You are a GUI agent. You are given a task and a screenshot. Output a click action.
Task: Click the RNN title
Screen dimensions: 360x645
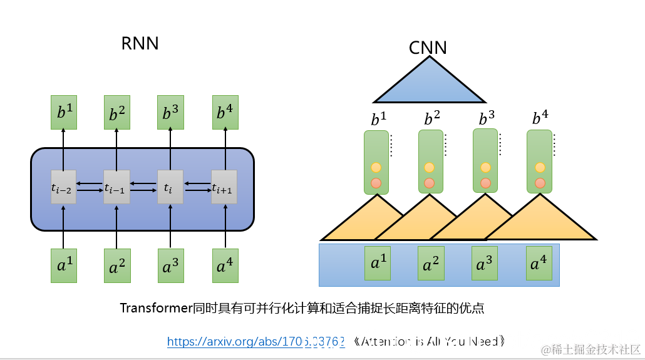[x=140, y=44]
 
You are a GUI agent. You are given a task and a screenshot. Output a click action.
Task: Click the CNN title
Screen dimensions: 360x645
[x=428, y=48]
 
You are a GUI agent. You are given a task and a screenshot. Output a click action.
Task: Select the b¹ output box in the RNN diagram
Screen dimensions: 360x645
[x=63, y=112]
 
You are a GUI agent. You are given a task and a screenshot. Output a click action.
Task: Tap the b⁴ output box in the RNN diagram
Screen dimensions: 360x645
[x=225, y=112]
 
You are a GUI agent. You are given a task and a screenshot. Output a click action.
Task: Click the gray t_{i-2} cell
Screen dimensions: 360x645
[x=63, y=187]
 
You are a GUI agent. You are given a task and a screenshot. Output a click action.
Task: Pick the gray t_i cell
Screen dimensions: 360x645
[x=170, y=187]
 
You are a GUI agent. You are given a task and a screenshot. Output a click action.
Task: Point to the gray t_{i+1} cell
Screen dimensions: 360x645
[x=223, y=187]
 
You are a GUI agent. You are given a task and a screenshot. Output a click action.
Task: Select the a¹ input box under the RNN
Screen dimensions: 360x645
[x=63, y=265]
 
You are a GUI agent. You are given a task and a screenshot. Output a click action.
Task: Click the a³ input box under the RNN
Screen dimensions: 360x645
[x=170, y=265]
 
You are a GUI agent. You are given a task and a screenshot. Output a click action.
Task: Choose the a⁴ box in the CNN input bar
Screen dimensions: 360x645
[x=539, y=264]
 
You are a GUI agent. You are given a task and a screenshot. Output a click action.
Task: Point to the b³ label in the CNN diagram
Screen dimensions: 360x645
[x=487, y=118]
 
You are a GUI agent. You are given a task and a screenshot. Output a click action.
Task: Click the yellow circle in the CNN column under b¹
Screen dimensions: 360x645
[x=376, y=167]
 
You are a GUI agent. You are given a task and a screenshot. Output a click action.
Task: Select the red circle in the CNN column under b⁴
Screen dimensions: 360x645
[x=540, y=183]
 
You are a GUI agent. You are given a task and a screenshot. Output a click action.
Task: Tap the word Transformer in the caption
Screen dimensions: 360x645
[x=155, y=308]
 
